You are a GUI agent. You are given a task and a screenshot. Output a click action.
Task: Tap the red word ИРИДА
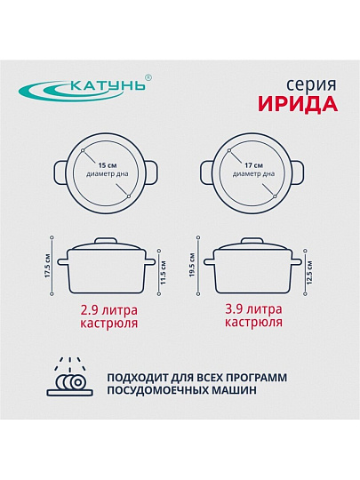coord(298,104)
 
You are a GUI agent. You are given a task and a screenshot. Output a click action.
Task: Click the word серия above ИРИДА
coord(311,85)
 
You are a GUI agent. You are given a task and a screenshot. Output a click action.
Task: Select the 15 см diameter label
coord(108,165)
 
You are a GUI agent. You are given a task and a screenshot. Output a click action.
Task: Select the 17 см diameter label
coord(253,165)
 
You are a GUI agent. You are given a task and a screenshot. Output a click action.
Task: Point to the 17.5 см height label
coord(47,266)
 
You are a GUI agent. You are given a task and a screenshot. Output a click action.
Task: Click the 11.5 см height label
coord(164,273)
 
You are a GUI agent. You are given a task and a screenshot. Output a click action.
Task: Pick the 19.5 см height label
coord(192,265)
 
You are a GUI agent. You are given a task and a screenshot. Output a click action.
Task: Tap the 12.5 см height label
coord(309,273)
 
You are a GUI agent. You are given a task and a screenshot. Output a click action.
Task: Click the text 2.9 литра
coord(109,310)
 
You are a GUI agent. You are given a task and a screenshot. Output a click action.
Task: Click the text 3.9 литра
coord(253,309)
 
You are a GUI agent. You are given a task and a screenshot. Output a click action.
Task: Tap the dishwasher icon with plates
coord(70,377)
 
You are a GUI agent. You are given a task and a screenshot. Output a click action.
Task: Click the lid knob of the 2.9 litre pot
coord(106,241)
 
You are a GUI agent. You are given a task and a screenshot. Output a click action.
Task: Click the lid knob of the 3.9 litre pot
coord(252,241)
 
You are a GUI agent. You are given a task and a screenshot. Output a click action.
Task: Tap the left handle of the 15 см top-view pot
coord(61,172)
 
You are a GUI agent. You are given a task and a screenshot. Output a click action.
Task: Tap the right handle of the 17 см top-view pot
coord(298,172)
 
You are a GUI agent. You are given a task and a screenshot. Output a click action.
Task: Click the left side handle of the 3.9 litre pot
coord(210,262)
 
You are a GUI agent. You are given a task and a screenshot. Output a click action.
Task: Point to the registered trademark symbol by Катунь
coord(148,77)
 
